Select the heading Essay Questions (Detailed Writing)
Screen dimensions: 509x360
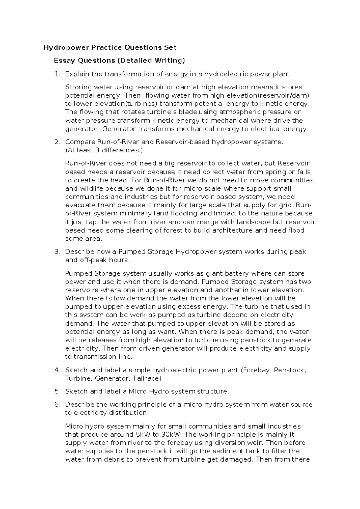(x=119, y=61)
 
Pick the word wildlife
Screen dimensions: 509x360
(x=91, y=189)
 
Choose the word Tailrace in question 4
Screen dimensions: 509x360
(x=147, y=378)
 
